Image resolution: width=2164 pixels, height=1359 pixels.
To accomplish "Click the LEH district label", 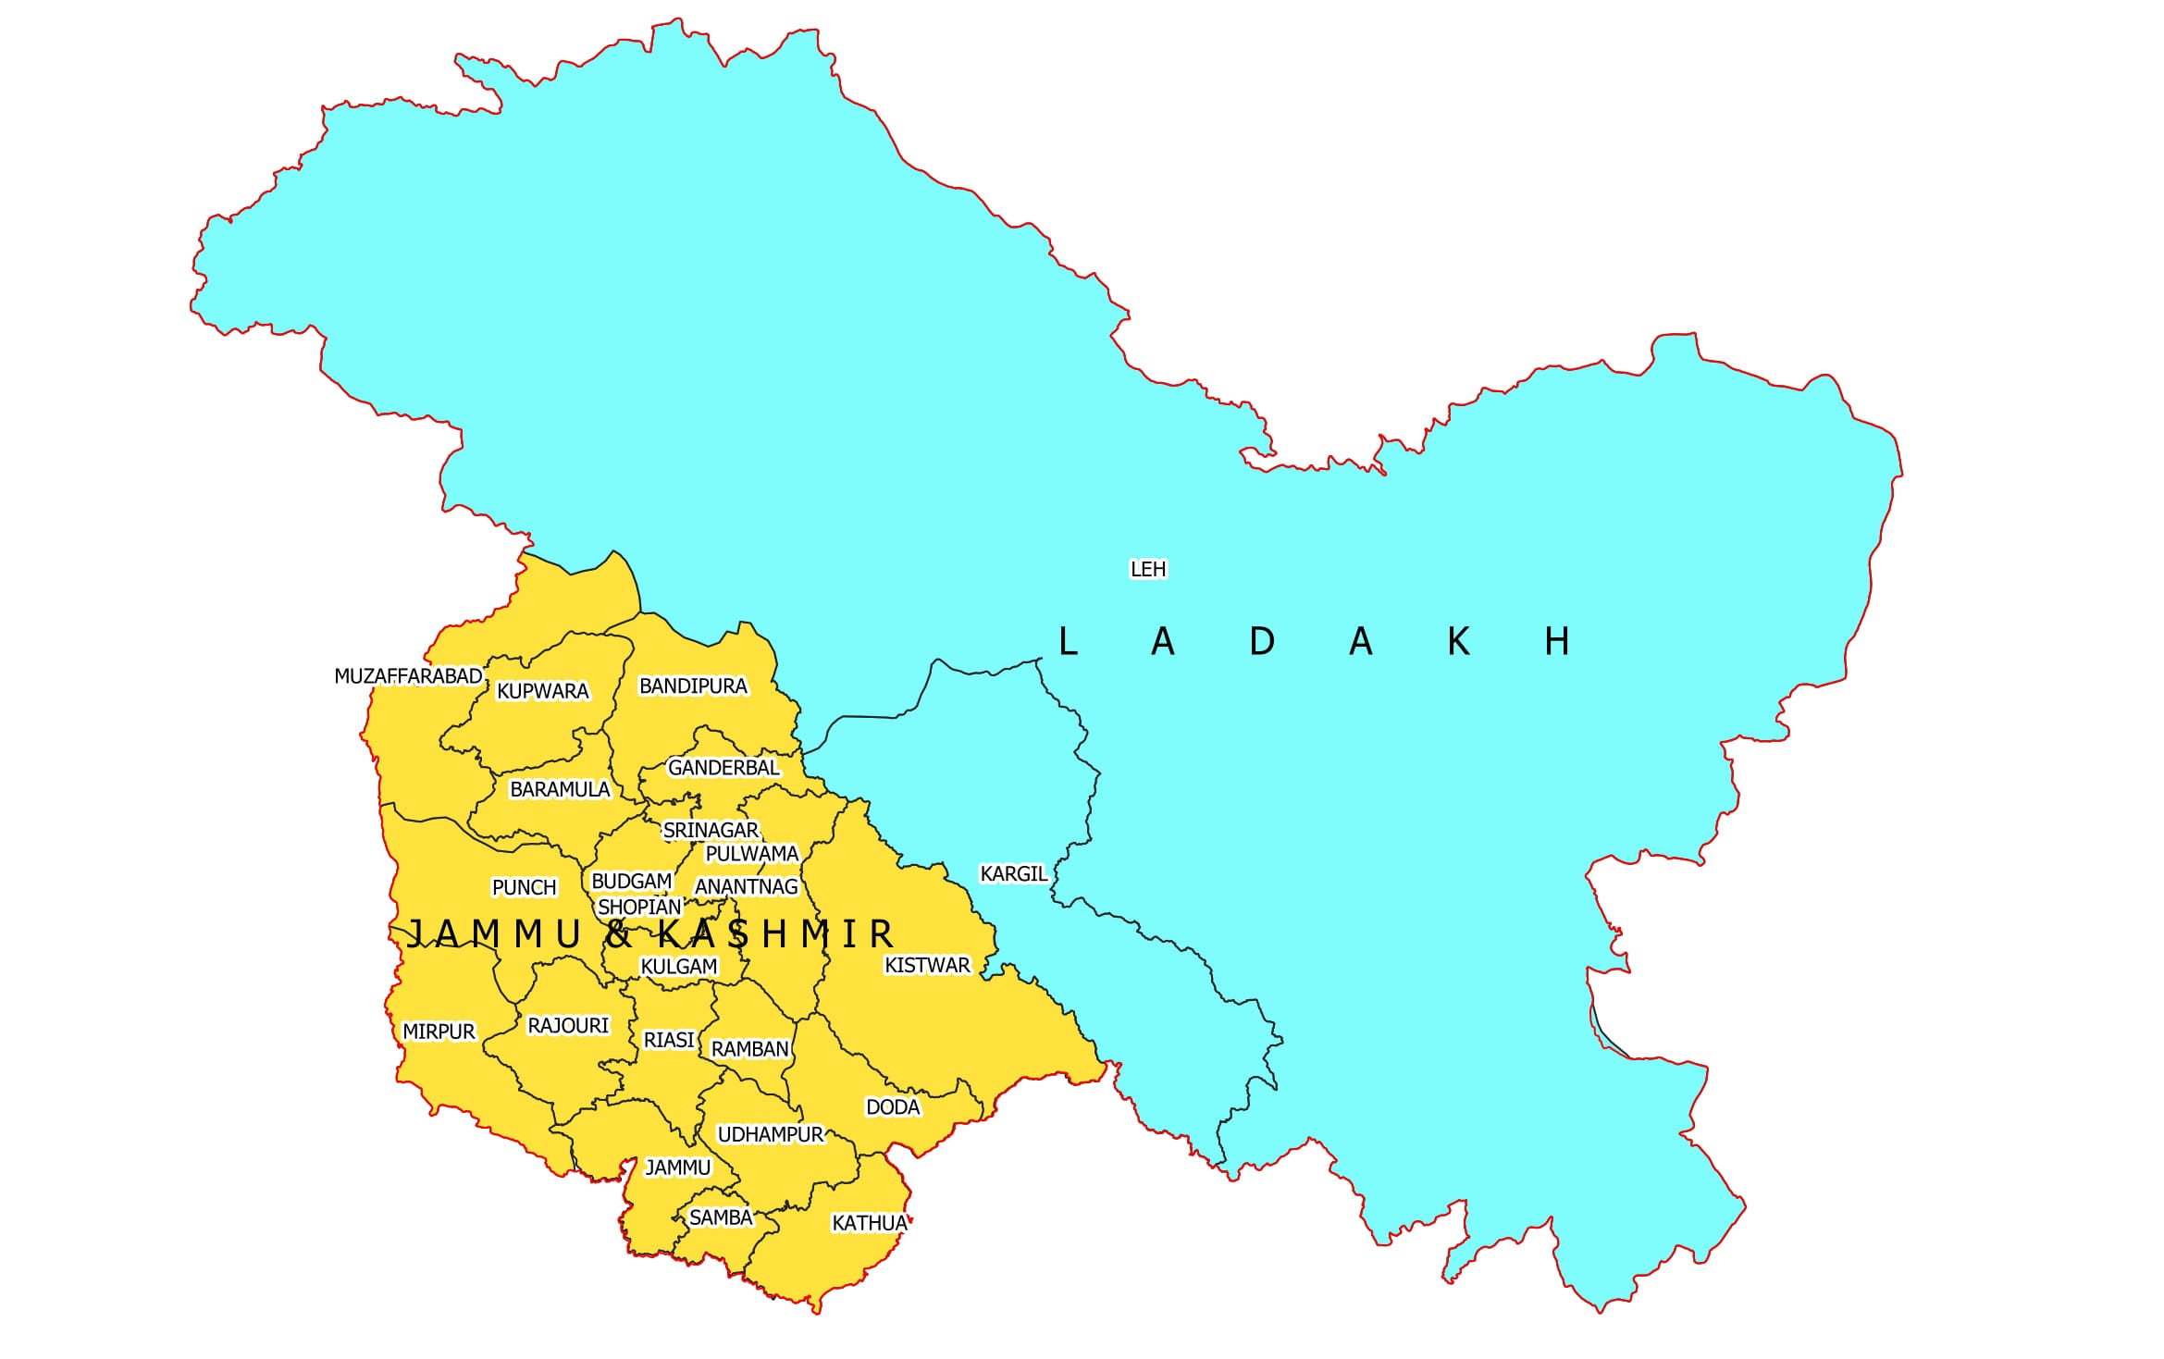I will tap(1148, 569).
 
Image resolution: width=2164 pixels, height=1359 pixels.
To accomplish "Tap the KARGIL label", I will tap(1013, 873).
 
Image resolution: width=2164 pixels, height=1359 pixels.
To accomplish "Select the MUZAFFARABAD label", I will tap(408, 676).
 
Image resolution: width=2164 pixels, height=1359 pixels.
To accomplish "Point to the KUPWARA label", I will tap(542, 691).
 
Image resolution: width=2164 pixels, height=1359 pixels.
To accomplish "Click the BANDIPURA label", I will tap(693, 686).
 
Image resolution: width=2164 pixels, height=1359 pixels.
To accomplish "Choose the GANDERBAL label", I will tap(723, 768).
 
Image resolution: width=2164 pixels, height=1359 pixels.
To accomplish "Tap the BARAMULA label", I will tap(560, 789).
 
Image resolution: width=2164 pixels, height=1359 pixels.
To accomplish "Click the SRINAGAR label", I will tap(711, 830).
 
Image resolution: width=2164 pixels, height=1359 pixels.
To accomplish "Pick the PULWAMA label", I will tap(751, 853).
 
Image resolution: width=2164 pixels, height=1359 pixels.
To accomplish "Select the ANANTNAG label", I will tap(746, 886).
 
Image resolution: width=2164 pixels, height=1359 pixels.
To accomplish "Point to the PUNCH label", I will tap(524, 887).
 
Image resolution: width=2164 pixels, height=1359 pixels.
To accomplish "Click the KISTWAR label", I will tap(927, 965).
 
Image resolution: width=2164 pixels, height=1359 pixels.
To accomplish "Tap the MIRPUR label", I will tap(439, 1032).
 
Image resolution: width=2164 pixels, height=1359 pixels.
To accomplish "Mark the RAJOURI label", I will tap(568, 1025).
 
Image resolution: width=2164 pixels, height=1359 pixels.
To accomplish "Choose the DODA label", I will tap(893, 1106).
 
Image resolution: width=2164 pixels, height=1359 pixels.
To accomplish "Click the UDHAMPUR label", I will tap(770, 1134).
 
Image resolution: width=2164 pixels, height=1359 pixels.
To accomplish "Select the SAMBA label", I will tap(721, 1217).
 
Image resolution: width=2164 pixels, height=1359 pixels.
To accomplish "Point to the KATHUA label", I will tap(870, 1223).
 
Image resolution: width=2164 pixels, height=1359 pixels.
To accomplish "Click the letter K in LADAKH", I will tap(1458, 641).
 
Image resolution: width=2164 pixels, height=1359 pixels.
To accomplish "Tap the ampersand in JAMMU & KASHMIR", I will tap(617, 933).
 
